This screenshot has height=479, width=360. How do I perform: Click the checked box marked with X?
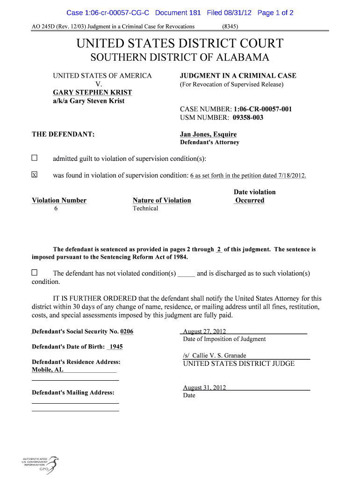[34, 175]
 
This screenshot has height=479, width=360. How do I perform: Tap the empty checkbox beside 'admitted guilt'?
[34, 158]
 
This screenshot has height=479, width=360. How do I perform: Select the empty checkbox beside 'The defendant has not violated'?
[34, 273]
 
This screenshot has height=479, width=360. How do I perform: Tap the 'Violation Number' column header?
[59, 200]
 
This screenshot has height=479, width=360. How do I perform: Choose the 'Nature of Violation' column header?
[162, 200]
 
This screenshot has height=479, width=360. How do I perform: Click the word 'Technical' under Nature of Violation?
[145, 209]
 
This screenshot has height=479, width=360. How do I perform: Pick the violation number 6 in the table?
[56, 209]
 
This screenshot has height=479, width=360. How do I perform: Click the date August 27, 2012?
[204, 331]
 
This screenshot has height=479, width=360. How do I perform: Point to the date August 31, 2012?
[204, 387]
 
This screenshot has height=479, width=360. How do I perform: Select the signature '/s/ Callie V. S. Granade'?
[215, 356]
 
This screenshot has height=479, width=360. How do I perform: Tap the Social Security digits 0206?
[127, 331]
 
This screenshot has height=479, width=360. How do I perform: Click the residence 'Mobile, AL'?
[47, 370]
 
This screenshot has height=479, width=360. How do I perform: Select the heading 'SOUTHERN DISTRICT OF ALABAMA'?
[180, 58]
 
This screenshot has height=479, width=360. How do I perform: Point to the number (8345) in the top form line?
[230, 27]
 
